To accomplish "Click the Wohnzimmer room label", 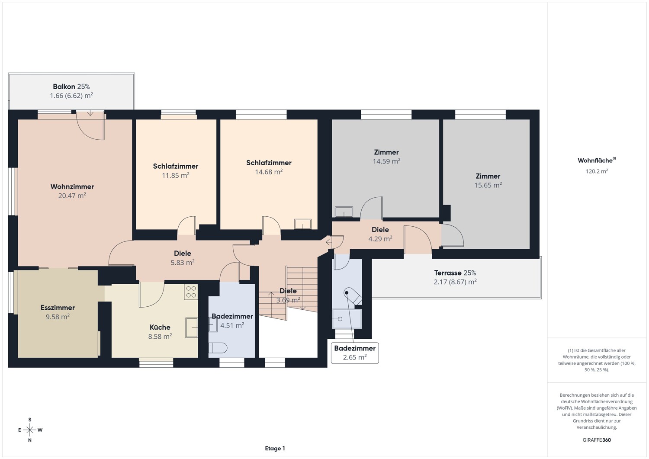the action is coord(72,186).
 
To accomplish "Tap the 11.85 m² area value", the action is coord(176,175).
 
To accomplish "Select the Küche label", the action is coord(160,327).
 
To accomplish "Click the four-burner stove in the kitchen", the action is coord(191,292).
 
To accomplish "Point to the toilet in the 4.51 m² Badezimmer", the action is coord(218,348).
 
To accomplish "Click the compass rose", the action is coord(30,430).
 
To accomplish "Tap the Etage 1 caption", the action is coord(275,448).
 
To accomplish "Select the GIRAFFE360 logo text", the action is coord(597,440).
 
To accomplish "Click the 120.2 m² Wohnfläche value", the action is coord(597,171).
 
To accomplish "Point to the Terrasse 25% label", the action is coord(455,273).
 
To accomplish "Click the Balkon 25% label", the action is coord(71,87).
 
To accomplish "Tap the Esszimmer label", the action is coord(58,308).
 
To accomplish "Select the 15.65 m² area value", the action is coord(488,185).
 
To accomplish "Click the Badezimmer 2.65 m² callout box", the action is coord(355,353).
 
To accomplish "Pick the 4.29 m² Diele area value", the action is coord(380,239).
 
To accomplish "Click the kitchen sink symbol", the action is coord(192,327).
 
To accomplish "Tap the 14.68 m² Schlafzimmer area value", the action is coord(269,172).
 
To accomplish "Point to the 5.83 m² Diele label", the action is coord(183,253).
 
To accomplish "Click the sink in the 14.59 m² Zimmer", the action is coord(344,212).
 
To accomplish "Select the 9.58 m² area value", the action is coord(58,317).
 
